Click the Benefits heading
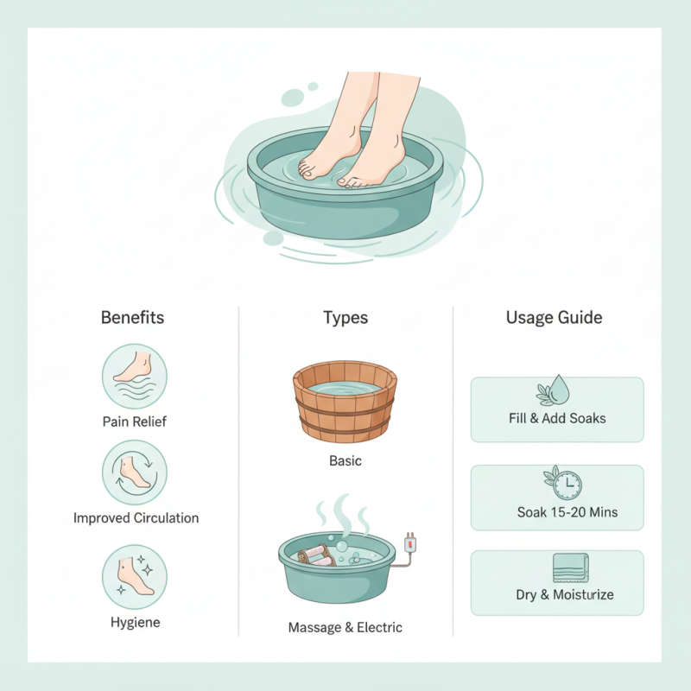tap(132, 317)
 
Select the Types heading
tap(345, 317)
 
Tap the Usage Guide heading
tap(554, 317)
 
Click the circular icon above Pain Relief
tap(134, 376)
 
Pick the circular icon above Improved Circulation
tap(134, 472)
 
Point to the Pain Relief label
tap(134, 422)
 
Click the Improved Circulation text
tap(136, 518)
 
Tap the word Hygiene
tap(134, 622)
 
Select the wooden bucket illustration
tap(345, 400)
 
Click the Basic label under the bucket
tap(345, 460)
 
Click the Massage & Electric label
tap(345, 627)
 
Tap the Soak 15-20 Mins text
tap(567, 512)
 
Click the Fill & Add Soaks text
tap(557, 418)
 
